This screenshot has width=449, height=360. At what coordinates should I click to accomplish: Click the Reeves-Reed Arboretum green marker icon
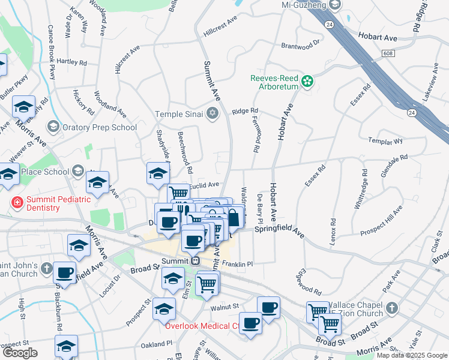(x=307, y=81)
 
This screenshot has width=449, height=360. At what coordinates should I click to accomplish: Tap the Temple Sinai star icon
(x=212, y=113)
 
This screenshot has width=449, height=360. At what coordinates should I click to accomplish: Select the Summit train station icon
(x=195, y=262)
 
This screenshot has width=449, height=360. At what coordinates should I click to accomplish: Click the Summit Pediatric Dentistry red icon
(x=17, y=203)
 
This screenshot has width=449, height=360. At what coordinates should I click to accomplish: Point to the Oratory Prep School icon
(x=53, y=127)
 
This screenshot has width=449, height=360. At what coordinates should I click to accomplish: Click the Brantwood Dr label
(x=301, y=44)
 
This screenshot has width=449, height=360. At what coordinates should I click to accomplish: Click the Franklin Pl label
(x=238, y=263)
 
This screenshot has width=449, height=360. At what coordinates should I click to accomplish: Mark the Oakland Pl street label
(x=156, y=344)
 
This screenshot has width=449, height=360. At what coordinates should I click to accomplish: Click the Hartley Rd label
(x=71, y=62)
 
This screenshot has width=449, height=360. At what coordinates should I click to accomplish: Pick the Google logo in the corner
(x=19, y=353)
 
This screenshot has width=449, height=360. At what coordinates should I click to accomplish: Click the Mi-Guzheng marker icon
(x=334, y=5)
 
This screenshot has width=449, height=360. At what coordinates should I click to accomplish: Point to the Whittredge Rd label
(x=362, y=188)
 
